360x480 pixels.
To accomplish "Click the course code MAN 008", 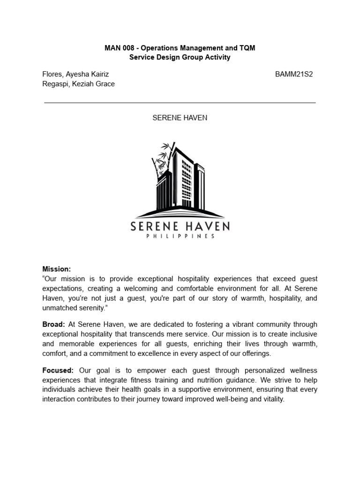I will pos(119,48).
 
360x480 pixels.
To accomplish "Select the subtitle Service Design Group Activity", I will pos(180,57).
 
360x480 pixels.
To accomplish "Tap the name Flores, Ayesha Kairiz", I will pos(75,75).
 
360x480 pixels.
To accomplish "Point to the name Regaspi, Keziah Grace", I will pos(78,84).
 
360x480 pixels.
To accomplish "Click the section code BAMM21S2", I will pos(294,75).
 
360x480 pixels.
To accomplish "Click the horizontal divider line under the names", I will pos(180,102).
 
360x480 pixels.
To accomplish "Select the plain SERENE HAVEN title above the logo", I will pos(180,118).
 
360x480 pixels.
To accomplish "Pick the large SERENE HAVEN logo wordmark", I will pos(180,227).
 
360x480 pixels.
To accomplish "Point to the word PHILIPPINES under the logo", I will pos(180,237).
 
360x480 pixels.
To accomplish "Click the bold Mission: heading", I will pos(57,269).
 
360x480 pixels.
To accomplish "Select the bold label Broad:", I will pos(54,324).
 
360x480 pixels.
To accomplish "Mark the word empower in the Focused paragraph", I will pos(137,370).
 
